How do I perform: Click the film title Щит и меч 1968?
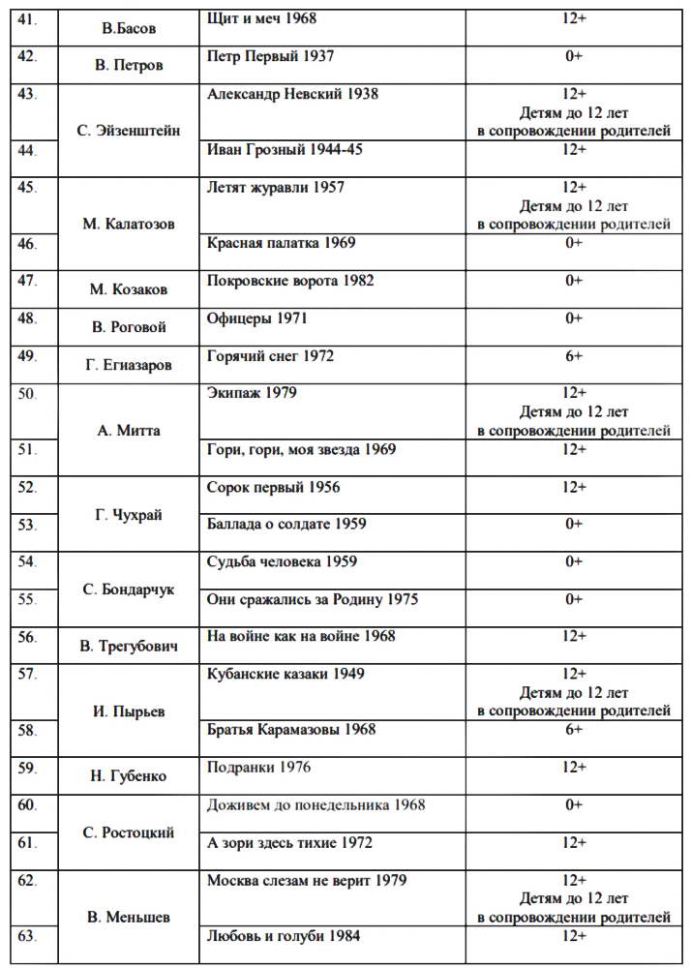coord(261,18)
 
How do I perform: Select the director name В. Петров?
coord(129,66)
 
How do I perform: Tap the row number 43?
coord(27,94)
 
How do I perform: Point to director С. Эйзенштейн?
coord(129,131)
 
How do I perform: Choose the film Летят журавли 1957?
coord(276,188)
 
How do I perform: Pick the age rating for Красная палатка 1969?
coord(573,243)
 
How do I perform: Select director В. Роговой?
coord(129,327)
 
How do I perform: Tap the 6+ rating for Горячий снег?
coord(573,356)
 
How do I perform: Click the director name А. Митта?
coord(129,431)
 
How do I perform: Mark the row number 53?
coord(27,525)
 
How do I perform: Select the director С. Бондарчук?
coord(129,590)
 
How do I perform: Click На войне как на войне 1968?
coord(301,637)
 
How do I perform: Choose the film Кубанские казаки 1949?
coord(285,674)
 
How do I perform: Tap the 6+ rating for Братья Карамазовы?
coord(573,730)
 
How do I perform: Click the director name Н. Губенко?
coord(129,776)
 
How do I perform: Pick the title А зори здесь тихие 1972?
coord(289,843)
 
